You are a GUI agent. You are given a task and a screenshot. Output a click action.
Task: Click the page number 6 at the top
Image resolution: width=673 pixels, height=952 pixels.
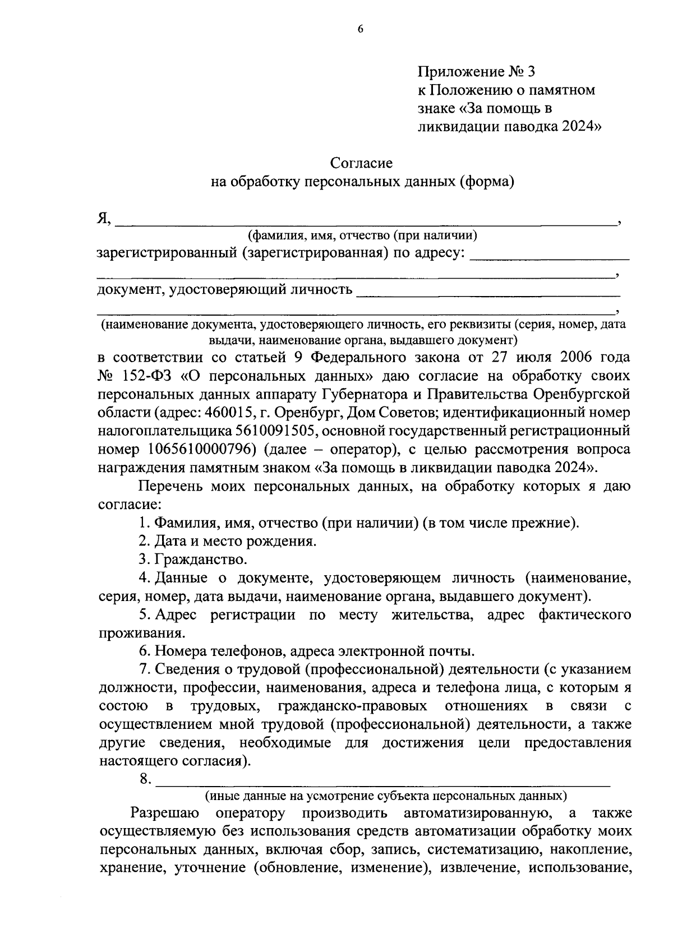361,30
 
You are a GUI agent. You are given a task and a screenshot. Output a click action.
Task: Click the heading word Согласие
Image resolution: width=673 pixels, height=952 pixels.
361,163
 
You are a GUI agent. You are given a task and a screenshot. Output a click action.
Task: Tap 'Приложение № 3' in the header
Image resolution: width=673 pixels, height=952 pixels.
477,71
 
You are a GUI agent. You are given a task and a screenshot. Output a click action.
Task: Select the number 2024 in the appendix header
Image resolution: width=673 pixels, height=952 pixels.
575,127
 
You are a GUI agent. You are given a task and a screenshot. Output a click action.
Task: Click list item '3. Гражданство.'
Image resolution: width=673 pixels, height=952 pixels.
193,560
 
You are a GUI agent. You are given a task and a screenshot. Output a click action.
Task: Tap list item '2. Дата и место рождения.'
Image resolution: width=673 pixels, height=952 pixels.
228,541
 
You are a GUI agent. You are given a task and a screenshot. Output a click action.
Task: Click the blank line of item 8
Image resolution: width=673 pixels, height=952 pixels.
382,780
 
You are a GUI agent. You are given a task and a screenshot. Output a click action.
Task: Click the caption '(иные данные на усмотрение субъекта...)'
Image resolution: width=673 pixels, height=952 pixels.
385,796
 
